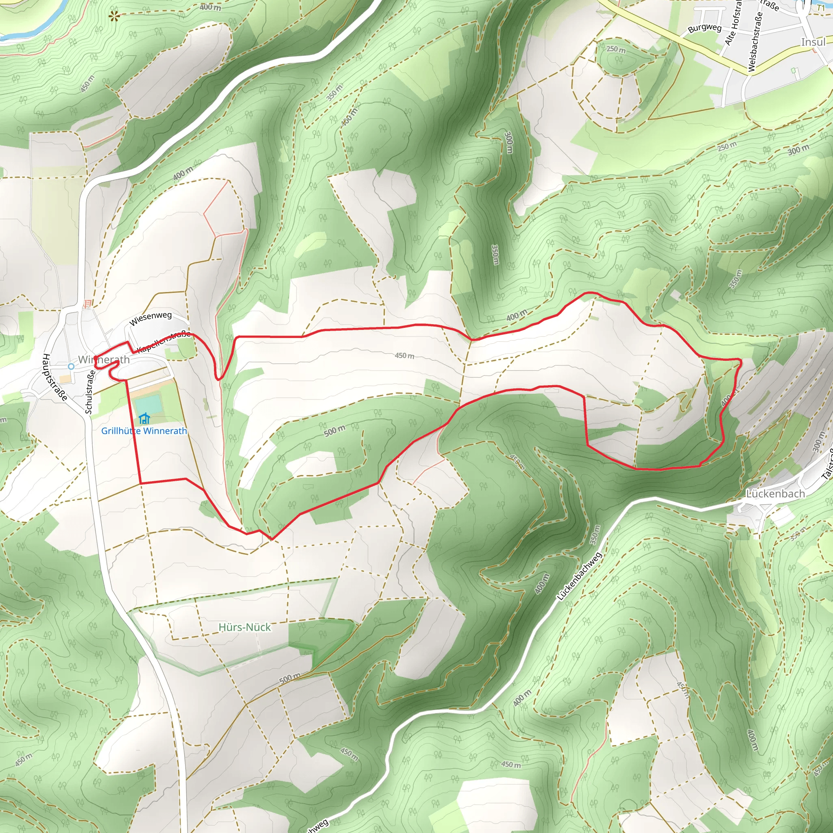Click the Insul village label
[x=813, y=42]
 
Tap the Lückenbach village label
[x=775, y=494]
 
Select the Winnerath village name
[x=104, y=360]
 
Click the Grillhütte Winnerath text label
[x=144, y=431]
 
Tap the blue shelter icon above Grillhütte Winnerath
[x=144, y=418]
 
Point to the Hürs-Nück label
[x=244, y=627]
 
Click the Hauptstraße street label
[x=55, y=377]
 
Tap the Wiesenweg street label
[x=150, y=318]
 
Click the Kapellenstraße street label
[x=164, y=342]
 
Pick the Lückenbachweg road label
[x=579, y=576]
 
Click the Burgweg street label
[x=704, y=28]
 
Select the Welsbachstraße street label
[x=755, y=41]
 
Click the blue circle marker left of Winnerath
[x=71, y=366]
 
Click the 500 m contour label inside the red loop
[x=335, y=430]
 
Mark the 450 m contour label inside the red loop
[x=404, y=356]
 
